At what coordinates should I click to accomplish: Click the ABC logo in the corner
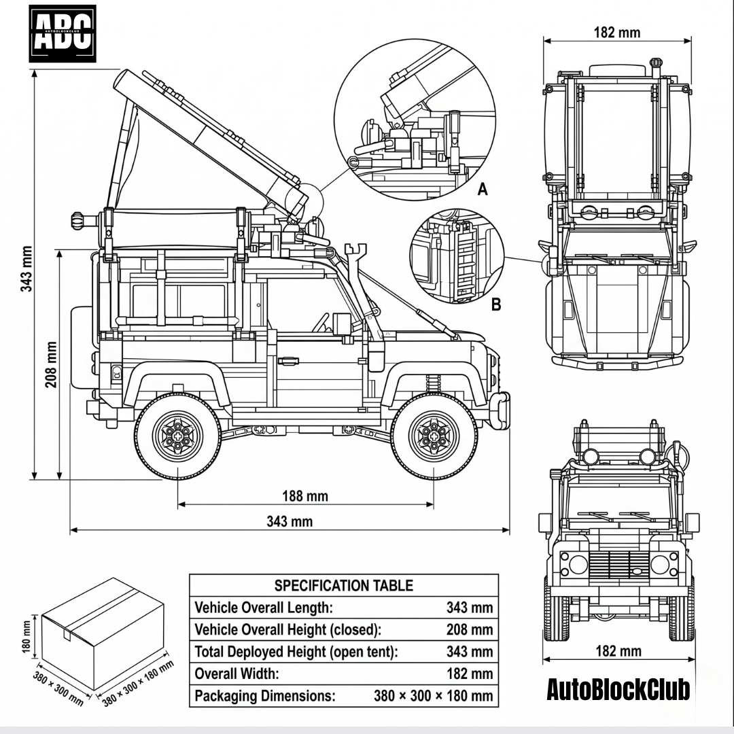tap(63, 33)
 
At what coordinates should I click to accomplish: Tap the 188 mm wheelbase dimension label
tap(305, 496)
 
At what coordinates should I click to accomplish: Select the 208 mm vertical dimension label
tap(52, 364)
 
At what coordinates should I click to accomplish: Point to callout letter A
tap(483, 189)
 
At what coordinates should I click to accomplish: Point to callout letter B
tap(496, 304)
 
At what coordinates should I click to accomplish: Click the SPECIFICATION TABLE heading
tap(343, 585)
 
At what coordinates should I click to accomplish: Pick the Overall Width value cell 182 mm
tap(470, 674)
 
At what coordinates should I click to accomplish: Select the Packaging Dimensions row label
tap(265, 696)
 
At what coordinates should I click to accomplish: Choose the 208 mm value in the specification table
tap(470, 629)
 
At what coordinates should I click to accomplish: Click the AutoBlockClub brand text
tap(618, 689)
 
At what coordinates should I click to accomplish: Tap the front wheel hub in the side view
tap(433, 436)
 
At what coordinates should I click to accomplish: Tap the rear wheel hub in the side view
tap(177, 436)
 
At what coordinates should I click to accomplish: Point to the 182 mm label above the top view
tap(616, 32)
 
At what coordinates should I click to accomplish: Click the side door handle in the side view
tap(288, 361)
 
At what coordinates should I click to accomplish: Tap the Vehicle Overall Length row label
tap(264, 607)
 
